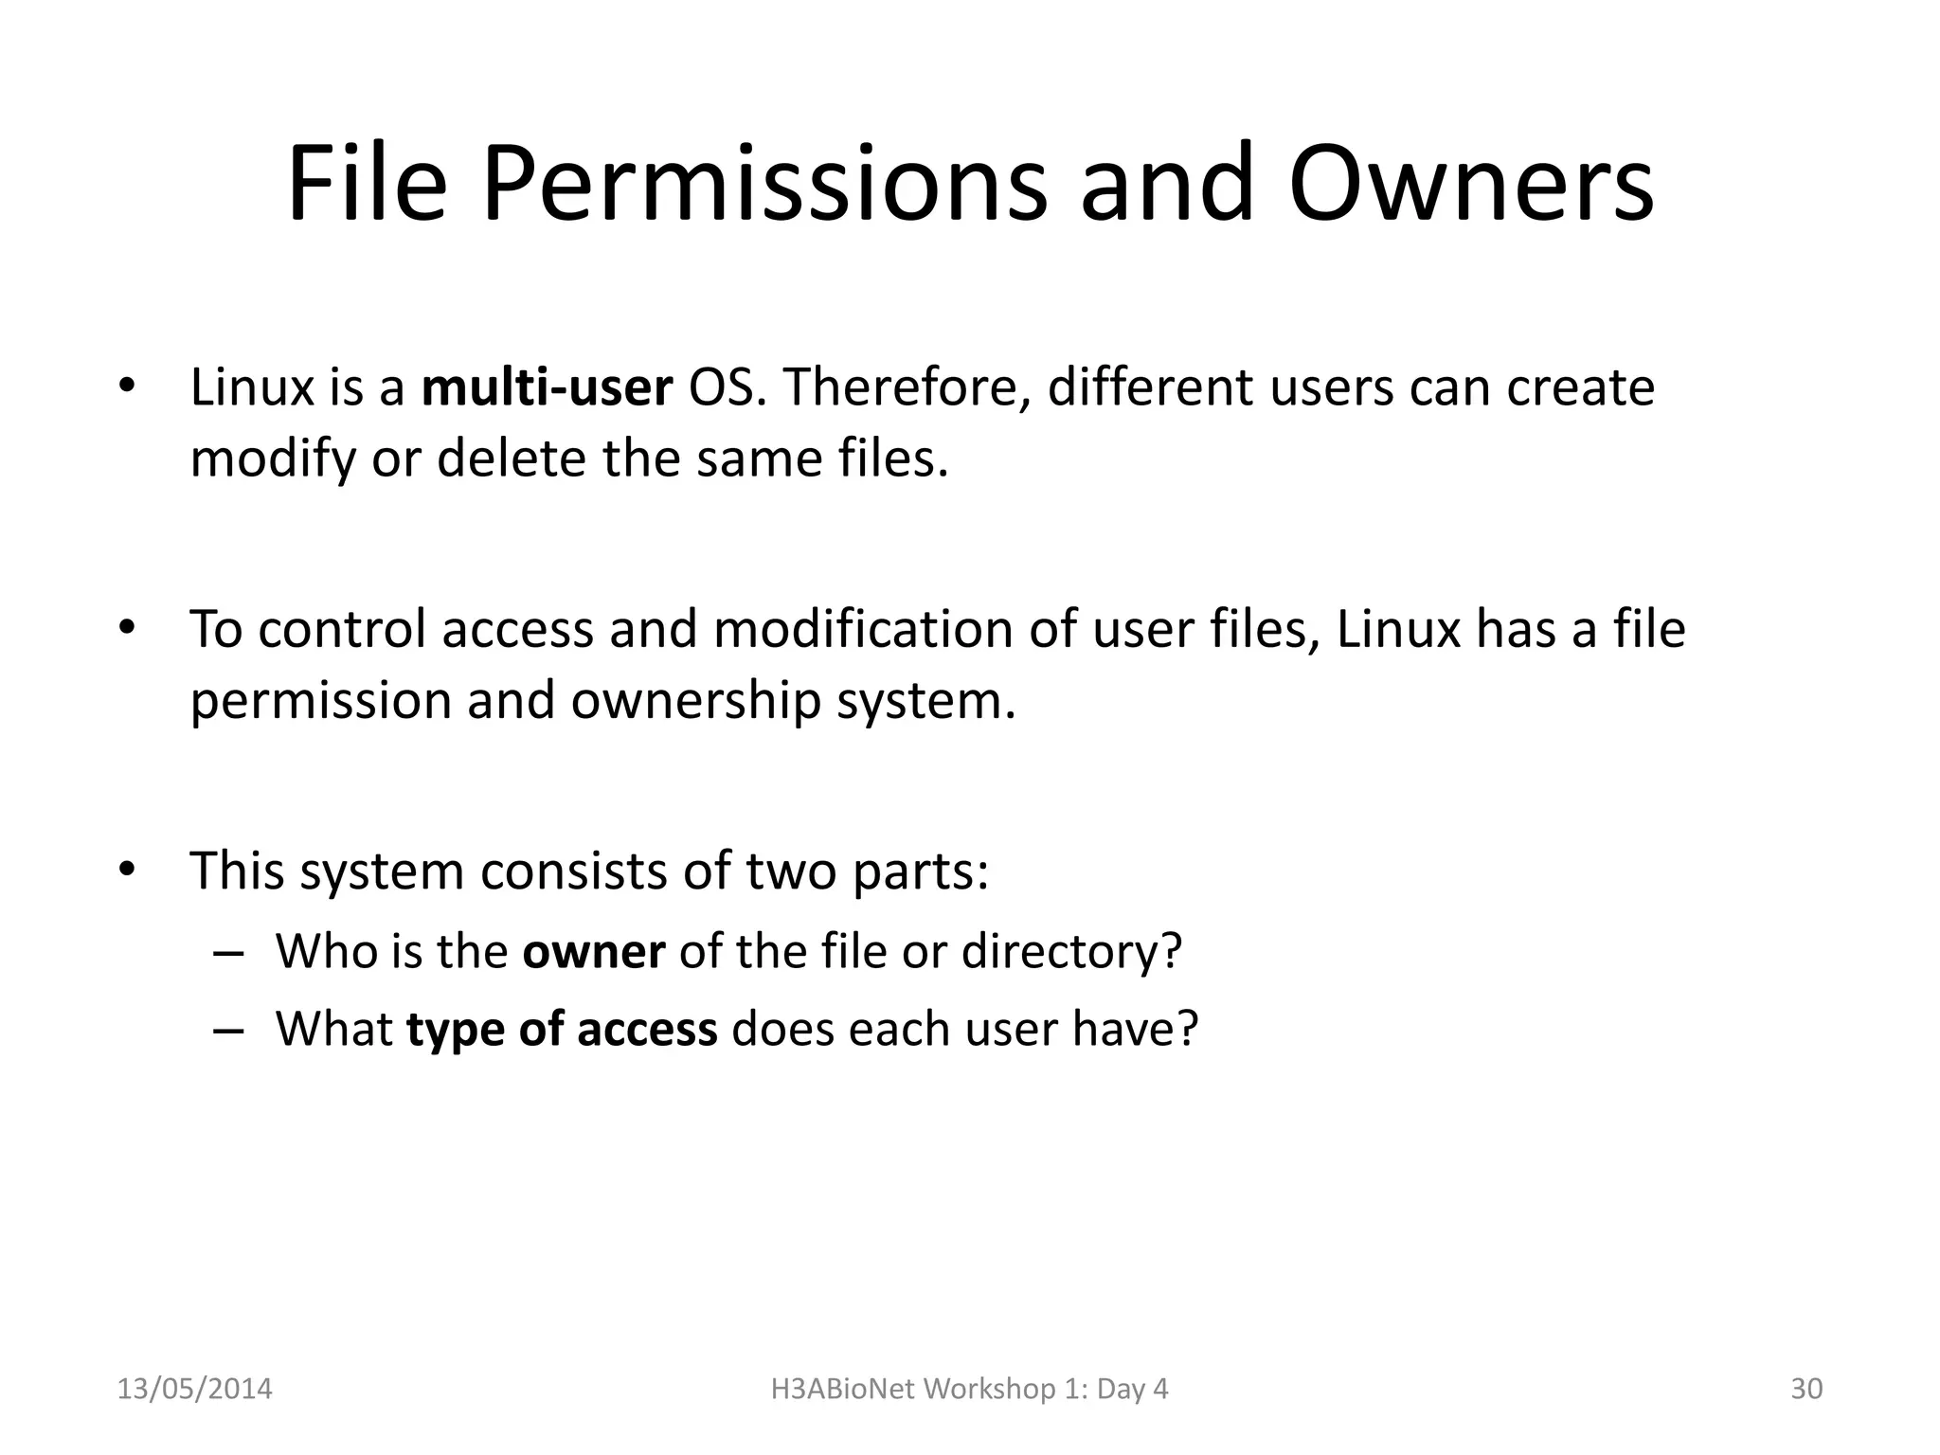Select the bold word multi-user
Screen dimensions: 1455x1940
(x=547, y=387)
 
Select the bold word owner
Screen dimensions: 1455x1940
(x=594, y=951)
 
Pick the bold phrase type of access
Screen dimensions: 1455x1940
(x=562, y=1029)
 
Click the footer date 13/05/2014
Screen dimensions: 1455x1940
(x=194, y=1389)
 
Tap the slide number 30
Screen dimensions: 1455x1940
(x=1806, y=1389)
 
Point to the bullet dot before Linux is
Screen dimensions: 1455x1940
(x=128, y=386)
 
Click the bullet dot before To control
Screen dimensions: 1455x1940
(x=128, y=627)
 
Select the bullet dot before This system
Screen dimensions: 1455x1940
(x=128, y=869)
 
